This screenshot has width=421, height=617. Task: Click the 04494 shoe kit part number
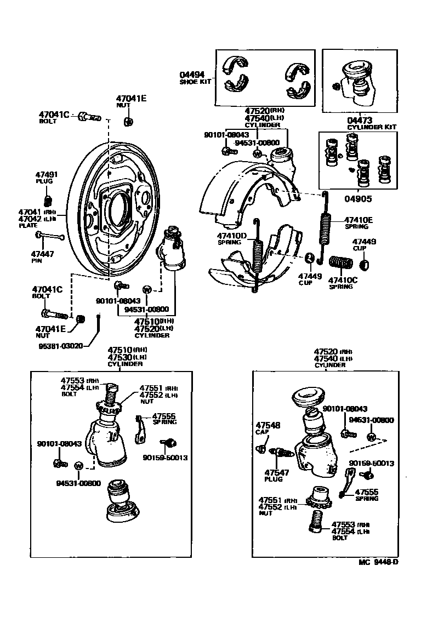[192, 75]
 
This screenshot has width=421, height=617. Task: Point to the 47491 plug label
[47, 175]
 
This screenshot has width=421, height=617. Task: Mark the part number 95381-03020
[60, 346]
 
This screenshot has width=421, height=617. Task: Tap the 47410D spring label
[232, 236]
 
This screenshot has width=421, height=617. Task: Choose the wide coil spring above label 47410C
[342, 262]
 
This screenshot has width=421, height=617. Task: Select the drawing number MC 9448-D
[378, 562]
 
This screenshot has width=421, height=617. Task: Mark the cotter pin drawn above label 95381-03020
[98, 325]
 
